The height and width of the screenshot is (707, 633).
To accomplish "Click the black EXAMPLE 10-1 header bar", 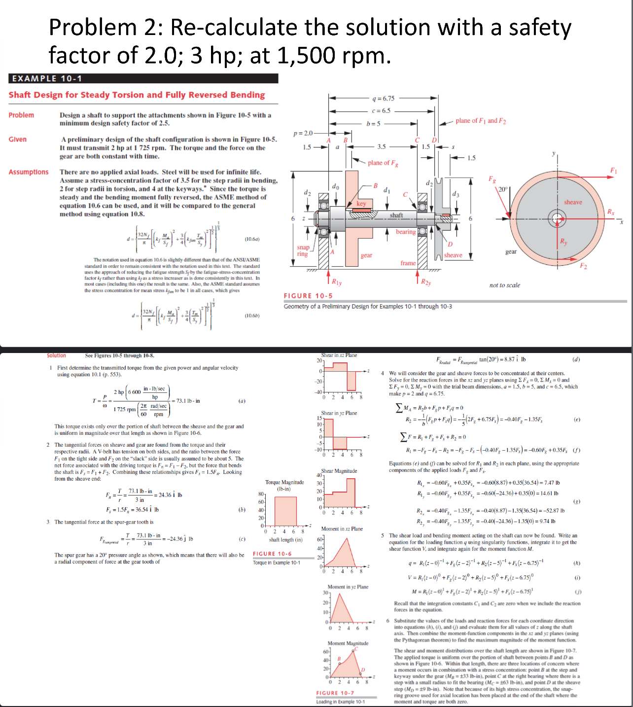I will (x=143, y=78).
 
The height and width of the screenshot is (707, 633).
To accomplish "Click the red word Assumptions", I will (x=29, y=172).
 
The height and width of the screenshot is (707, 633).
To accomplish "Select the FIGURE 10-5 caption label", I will (x=308, y=296).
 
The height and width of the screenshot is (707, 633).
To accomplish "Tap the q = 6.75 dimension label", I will (x=383, y=99).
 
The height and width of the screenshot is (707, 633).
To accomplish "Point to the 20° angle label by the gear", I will (x=502, y=189).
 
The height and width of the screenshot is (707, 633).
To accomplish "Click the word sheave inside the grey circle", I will (x=573, y=202).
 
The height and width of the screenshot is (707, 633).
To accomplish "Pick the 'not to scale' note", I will (x=504, y=285).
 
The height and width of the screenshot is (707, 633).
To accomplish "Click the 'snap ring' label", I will (x=303, y=250).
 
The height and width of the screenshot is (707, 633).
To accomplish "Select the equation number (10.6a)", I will (x=252, y=239).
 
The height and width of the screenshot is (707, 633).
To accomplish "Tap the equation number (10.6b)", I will (x=252, y=316).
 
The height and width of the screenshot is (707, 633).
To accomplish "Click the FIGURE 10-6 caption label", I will (x=272, y=554).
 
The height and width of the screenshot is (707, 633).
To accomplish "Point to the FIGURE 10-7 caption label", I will (x=335, y=693).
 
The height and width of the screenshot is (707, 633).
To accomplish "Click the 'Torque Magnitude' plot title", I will (x=284, y=482).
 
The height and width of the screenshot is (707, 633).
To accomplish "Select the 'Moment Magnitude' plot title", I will (x=348, y=643).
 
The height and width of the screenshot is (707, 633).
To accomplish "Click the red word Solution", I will (x=56, y=355).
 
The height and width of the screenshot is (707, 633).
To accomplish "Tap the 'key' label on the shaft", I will (x=361, y=204).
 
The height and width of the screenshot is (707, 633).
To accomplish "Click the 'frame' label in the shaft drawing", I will (x=408, y=263).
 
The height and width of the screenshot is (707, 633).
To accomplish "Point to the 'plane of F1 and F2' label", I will (x=481, y=121).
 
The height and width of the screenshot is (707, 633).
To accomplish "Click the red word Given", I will (x=18, y=140).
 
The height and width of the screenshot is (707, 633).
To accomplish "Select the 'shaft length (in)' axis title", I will (x=285, y=540).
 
